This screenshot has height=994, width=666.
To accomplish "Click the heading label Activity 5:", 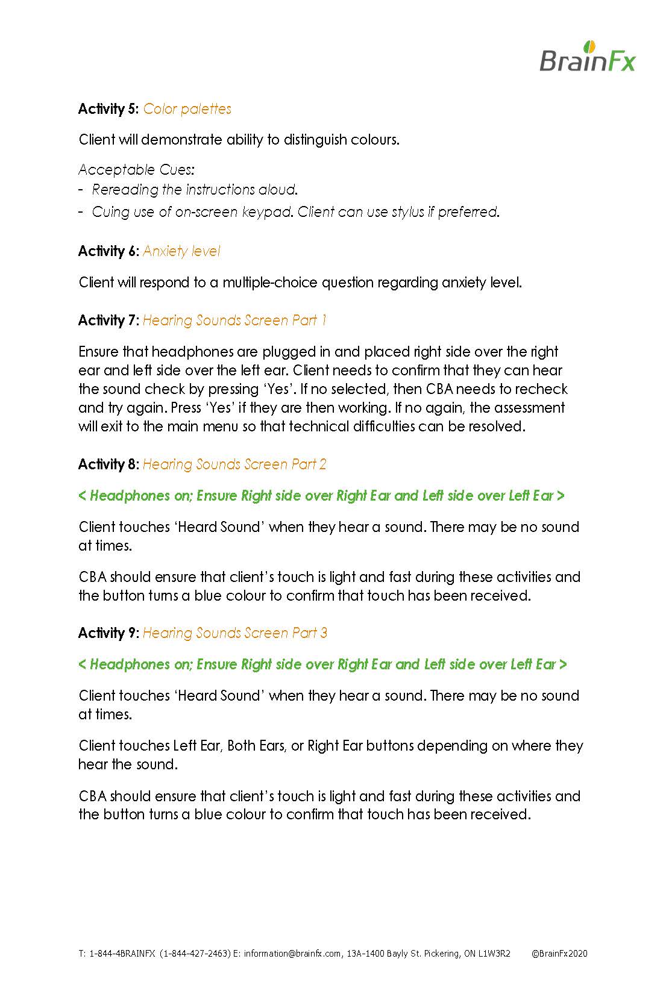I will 108,109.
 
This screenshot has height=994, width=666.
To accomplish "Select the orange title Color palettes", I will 187,109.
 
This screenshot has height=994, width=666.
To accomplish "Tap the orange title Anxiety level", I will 181,251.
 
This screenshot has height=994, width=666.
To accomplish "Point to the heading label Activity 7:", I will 108,320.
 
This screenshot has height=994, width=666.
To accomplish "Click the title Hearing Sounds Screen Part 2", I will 234,464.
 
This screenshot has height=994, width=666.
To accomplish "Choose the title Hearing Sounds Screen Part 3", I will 234,633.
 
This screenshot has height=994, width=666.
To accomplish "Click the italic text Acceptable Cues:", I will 136,170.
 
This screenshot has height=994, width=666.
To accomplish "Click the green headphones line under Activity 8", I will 322,496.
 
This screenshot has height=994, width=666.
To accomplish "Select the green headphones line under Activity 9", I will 322,664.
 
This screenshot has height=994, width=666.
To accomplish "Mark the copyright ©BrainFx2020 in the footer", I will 559,954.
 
